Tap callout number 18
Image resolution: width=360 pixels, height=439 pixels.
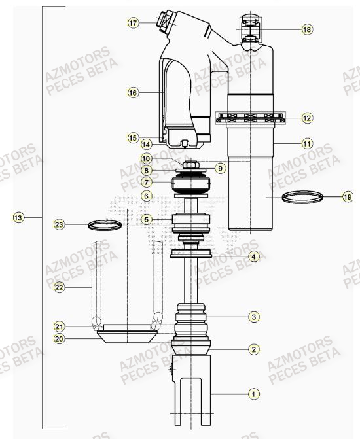(x=308, y=29)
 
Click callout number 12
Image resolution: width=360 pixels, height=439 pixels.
(x=308, y=118)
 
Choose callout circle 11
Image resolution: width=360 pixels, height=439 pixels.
(x=308, y=142)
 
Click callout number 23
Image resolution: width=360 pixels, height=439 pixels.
(x=60, y=225)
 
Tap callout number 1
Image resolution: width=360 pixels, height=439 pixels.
(x=253, y=394)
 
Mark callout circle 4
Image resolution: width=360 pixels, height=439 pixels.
(x=253, y=256)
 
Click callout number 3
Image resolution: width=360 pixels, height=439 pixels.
(x=253, y=317)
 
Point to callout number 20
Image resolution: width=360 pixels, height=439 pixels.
(x=60, y=338)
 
